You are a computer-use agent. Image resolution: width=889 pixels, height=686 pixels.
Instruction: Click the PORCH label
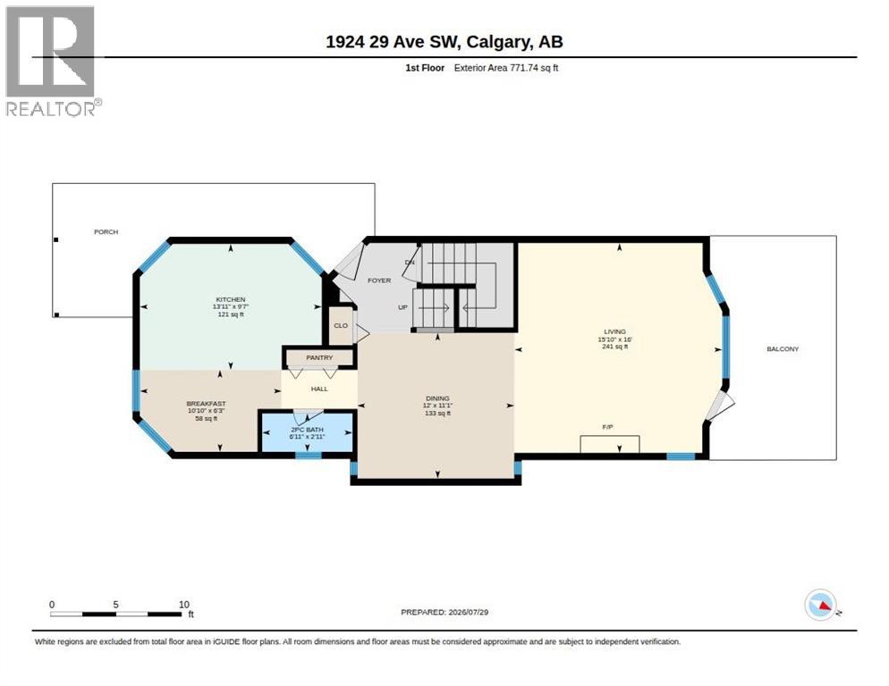click(106, 231)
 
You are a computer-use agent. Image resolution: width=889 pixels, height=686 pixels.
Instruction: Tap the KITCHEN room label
click(231, 299)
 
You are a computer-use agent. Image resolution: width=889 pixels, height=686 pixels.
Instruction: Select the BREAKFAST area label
click(207, 404)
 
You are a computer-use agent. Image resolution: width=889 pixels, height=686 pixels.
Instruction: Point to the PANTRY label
click(319, 357)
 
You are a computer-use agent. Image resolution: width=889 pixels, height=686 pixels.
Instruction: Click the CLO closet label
click(341, 326)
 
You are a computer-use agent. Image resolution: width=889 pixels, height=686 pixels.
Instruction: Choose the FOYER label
click(379, 280)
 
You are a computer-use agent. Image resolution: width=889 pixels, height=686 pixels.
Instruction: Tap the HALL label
click(319, 389)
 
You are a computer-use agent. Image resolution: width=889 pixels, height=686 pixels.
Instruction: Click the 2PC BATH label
click(307, 430)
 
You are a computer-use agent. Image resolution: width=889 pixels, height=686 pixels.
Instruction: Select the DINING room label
click(437, 398)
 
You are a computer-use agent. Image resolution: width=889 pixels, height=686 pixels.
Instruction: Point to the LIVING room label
click(614, 331)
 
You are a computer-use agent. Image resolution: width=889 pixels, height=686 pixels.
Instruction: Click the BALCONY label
click(783, 349)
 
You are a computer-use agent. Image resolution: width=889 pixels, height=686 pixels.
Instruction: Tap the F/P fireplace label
click(608, 427)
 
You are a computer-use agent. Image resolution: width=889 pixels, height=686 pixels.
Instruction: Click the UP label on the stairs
click(402, 307)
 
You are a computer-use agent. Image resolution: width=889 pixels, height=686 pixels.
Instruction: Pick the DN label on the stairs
click(410, 263)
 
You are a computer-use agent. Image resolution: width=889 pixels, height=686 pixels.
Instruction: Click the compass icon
click(821, 605)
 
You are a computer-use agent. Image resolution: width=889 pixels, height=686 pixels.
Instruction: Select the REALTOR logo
click(52, 61)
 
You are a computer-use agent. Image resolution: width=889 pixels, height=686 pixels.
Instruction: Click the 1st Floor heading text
click(425, 68)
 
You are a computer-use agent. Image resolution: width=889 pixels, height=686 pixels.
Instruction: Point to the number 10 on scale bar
click(183, 605)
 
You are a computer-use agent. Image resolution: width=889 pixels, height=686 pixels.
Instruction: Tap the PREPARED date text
click(444, 612)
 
